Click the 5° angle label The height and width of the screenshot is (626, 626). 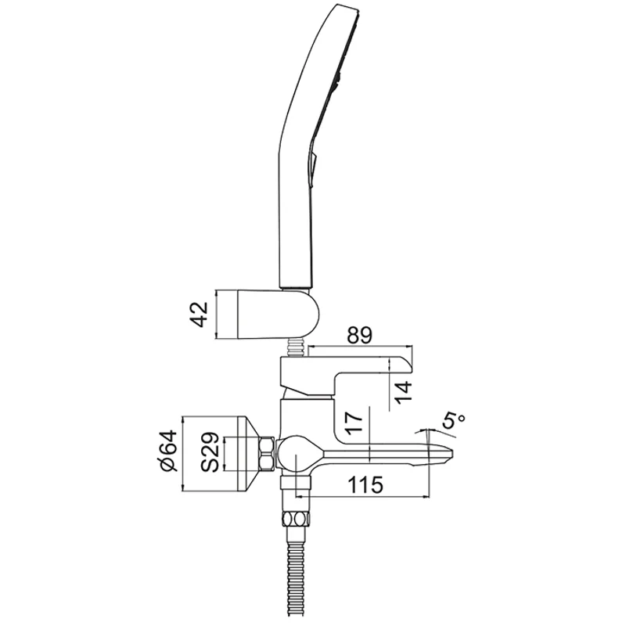pyautogui.click(x=452, y=422)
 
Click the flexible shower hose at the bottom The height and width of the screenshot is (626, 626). pyautogui.click(x=297, y=579)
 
